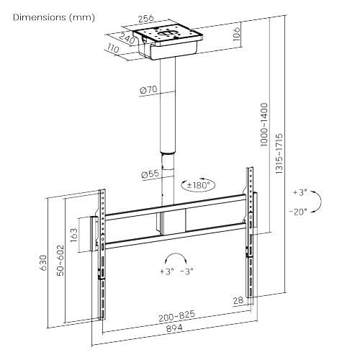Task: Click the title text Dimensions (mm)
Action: tap(48, 17)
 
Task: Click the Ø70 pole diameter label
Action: tap(150, 91)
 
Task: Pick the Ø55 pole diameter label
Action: tap(150, 174)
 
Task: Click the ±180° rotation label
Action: tap(197, 185)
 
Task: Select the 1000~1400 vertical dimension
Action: tap(264, 130)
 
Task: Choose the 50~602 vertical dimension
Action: tap(60, 260)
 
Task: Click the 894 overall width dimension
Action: tap(174, 329)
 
